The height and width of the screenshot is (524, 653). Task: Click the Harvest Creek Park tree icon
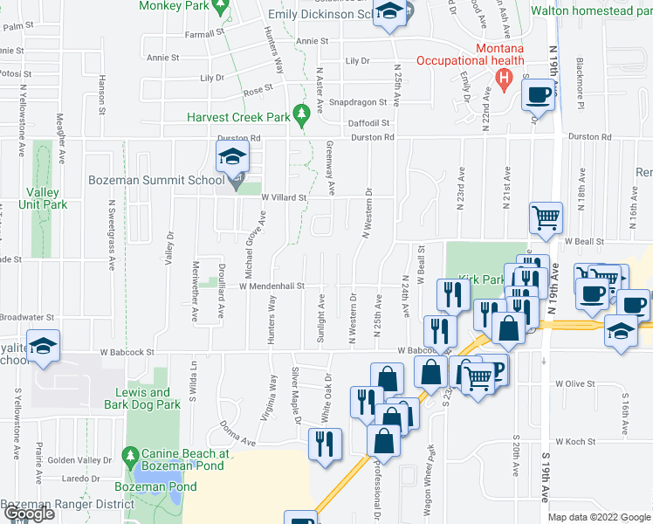click(x=303, y=114)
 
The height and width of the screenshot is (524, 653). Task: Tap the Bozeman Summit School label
click(x=162, y=181)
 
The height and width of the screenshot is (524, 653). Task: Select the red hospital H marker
click(x=504, y=78)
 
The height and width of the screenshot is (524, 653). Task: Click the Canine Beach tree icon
click(x=130, y=456)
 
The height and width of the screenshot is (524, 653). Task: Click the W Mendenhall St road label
click(x=272, y=286)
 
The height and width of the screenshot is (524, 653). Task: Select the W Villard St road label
click(x=285, y=197)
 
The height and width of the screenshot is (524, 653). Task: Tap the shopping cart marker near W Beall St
click(x=546, y=218)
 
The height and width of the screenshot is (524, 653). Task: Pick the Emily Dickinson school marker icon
click(x=388, y=14)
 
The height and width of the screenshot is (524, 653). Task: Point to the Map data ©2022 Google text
click(x=598, y=518)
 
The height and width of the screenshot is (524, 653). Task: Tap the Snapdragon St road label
click(x=354, y=101)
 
